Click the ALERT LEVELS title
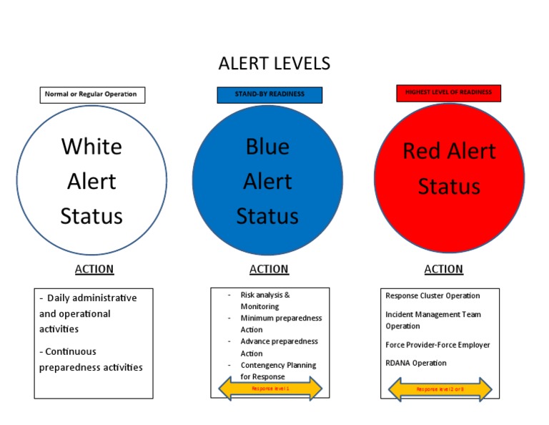point(274,63)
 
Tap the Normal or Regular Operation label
point(92,94)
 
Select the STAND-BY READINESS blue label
point(269,94)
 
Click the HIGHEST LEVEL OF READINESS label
point(448,93)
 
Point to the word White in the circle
point(91,146)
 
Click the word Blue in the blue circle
point(267,147)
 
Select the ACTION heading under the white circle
point(94,269)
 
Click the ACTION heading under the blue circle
point(269,269)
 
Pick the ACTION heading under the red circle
point(444,269)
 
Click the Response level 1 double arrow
point(269,389)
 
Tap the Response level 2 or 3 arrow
point(440,389)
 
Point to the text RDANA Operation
point(415,363)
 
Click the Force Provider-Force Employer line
point(437,345)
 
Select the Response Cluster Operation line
point(432,295)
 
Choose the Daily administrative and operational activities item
point(88,313)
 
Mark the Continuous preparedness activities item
point(91,359)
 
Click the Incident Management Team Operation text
point(432,320)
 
